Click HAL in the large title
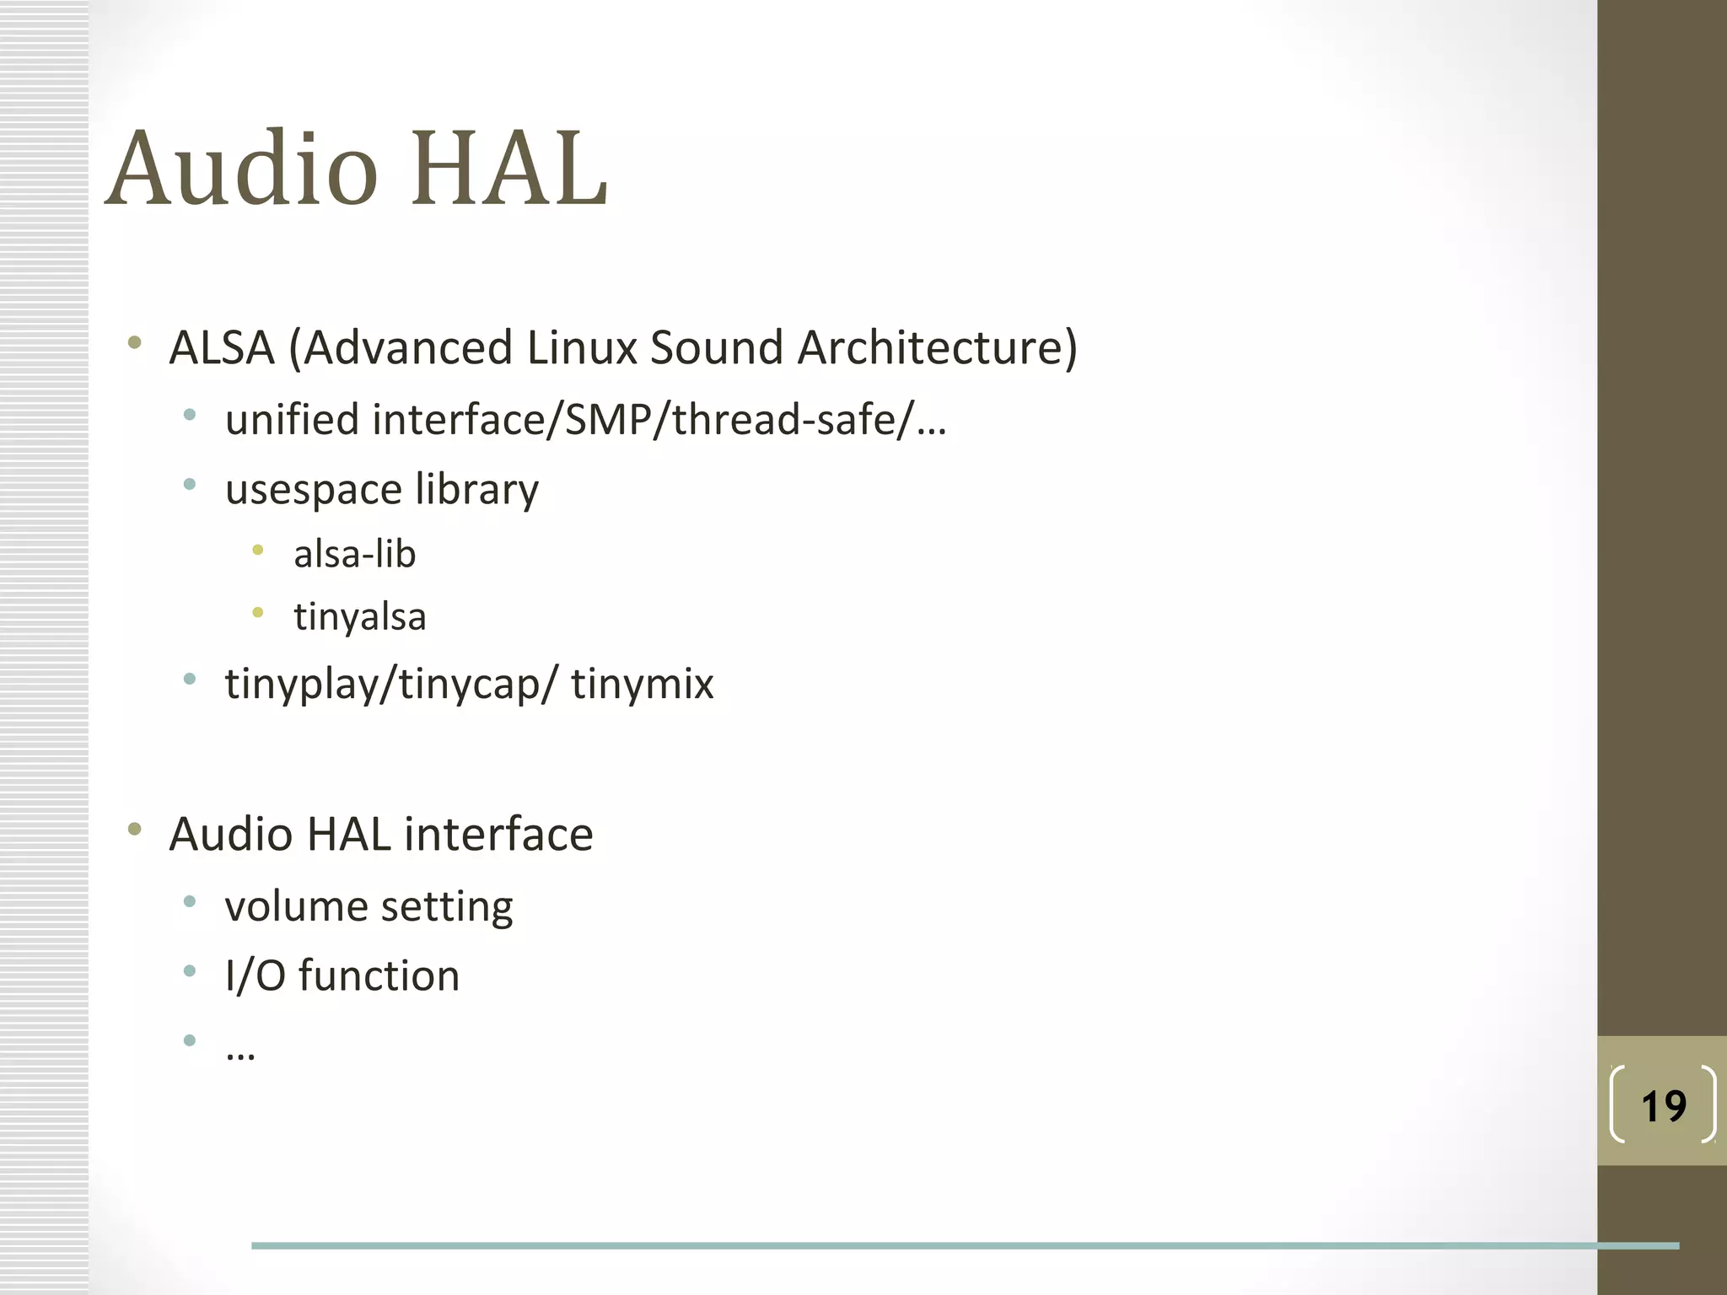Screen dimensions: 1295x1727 tap(509, 169)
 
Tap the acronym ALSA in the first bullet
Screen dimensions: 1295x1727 tap(222, 347)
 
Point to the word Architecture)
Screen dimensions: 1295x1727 tap(937, 347)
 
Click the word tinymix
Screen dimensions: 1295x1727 tap(642, 684)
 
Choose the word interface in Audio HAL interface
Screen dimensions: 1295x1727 tap(498, 835)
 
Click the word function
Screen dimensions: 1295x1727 tap(379, 976)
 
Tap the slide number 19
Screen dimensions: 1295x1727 tap(1663, 1106)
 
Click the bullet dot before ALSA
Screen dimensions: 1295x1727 tap(134, 342)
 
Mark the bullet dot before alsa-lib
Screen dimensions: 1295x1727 tap(258, 551)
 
